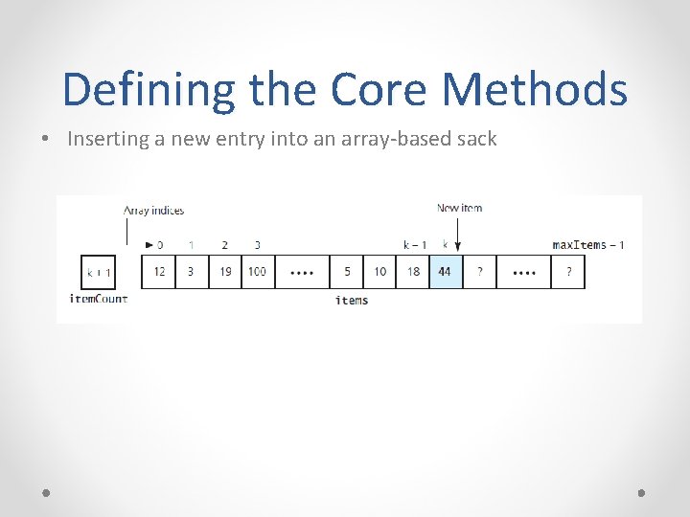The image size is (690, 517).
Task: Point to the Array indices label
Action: click(153, 210)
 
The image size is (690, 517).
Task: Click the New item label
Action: click(460, 209)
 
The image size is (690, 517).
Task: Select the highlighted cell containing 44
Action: click(445, 272)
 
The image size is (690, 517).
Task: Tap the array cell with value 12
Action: click(159, 272)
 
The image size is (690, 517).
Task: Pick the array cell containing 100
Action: click(257, 272)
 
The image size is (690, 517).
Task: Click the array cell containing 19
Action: click(224, 272)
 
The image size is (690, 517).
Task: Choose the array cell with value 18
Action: click(413, 272)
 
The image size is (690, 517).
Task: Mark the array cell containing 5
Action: click(347, 272)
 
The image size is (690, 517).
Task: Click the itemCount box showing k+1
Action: click(99, 273)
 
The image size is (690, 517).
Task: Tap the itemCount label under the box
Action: click(99, 299)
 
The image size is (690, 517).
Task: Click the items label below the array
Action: click(352, 301)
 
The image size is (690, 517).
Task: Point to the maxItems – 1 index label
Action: click(588, 245)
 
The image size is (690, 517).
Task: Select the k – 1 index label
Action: click(414, 245)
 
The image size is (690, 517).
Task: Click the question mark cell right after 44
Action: click(479, 272)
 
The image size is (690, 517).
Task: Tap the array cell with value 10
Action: click(380, 272)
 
